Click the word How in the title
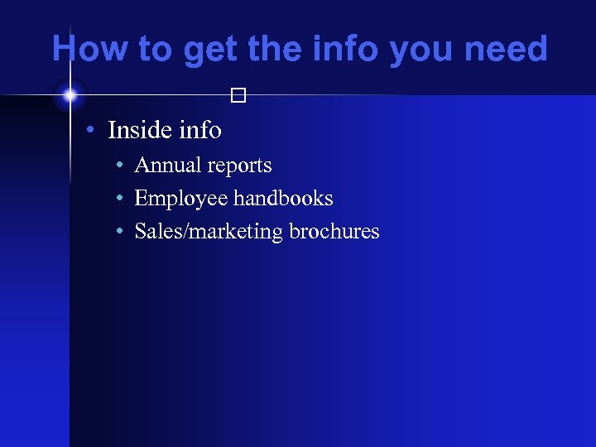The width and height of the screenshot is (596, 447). pos(89,50)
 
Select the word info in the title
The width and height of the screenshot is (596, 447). pos(349,50)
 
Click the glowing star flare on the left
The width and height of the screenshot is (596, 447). pos(70,96)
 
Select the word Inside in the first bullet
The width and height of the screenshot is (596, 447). pos(140,130)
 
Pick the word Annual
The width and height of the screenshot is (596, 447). pos(167,166)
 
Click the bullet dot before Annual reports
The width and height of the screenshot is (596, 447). pos(120,166)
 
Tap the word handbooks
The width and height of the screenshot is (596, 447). pos(283,199)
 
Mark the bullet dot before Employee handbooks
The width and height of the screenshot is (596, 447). pos(120,199)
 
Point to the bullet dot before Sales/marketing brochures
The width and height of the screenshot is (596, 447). pos(120,233)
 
